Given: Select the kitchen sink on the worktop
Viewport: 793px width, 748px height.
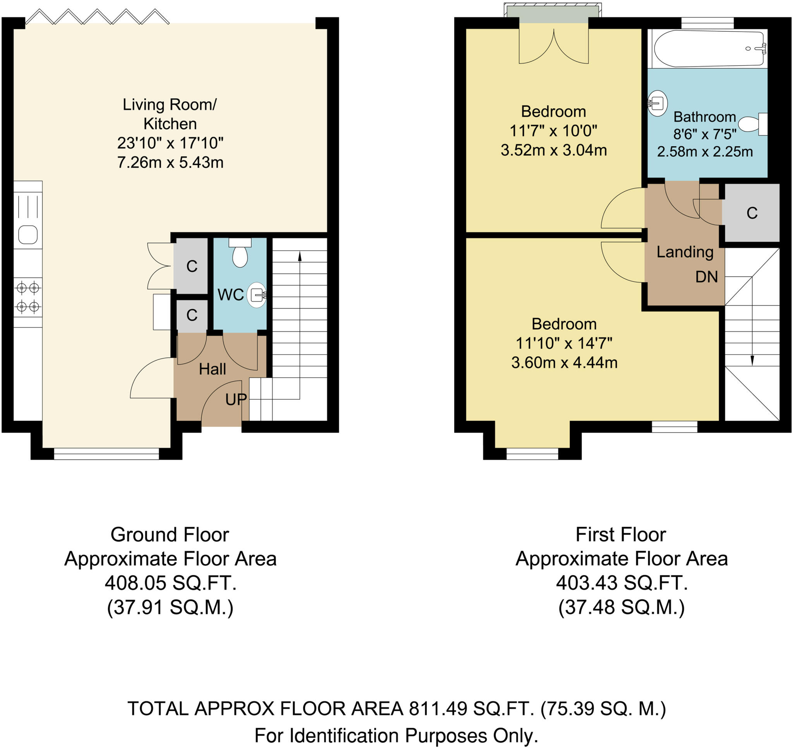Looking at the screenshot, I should click(28, 234).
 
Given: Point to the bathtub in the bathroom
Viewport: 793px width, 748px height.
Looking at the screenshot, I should click(708, 49).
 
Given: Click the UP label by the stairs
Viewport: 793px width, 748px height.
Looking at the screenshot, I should click(236, 399).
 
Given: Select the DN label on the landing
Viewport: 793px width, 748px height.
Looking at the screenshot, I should click(706, 277).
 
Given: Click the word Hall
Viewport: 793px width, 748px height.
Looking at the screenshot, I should click(212, 369).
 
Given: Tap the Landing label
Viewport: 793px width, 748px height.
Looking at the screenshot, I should click(685, 252).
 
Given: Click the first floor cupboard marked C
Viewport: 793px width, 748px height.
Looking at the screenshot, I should click(752, 213).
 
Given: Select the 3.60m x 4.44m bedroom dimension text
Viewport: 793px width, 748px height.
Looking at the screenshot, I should click(564, 363).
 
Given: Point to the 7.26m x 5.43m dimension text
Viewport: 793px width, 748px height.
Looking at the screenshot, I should click(170, 163).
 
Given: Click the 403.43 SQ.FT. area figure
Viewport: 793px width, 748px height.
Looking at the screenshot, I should click(621, 583).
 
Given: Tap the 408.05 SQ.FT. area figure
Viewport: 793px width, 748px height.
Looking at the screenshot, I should click(170, 583).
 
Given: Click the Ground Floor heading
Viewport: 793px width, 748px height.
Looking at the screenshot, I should click(170, 535).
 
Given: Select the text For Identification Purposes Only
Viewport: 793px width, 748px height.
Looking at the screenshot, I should click(396, 736).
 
